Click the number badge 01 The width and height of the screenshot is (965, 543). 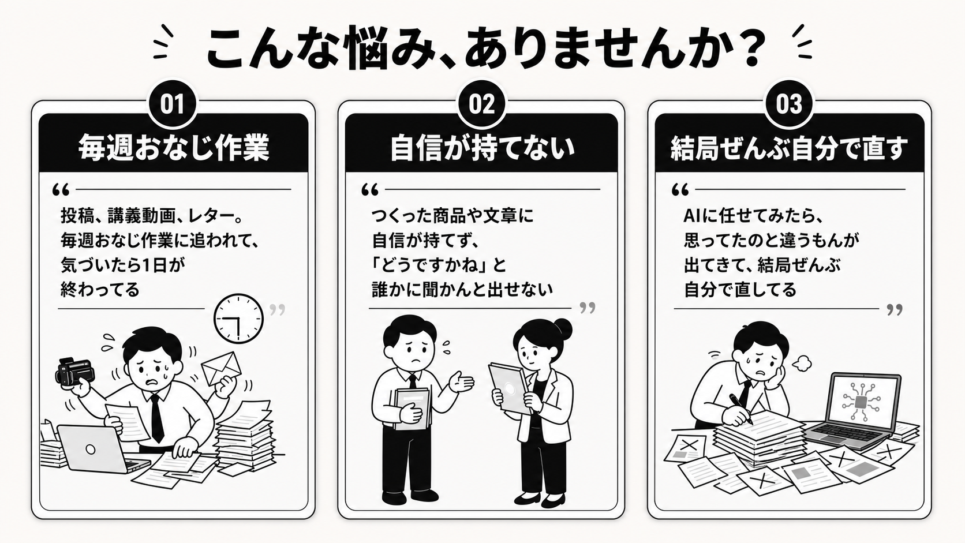pos(173,104)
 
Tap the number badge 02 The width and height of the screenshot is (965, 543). pos(482,104)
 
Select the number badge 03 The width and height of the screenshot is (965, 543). pos(789,104)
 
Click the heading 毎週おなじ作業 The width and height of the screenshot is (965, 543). pos(174,148)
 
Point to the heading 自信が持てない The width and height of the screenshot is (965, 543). pos(482,148)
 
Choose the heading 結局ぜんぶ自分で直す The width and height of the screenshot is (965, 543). pos(789,148)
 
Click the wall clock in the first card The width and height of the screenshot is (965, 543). pos(238,319)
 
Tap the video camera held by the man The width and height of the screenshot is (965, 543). pos(74,372)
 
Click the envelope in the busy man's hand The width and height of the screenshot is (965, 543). pos(222,368)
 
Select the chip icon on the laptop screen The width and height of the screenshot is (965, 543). pos(861,402)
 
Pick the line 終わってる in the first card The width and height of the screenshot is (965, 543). pos(100,289)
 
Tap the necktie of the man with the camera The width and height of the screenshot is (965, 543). pos(157,418)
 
